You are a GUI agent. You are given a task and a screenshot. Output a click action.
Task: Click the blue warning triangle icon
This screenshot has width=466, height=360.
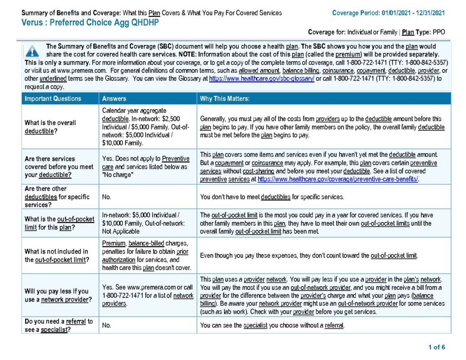32,51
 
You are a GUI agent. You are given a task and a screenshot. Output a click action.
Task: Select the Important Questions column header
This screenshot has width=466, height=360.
53,99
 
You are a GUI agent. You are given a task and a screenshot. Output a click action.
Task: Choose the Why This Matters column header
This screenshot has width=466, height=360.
225,99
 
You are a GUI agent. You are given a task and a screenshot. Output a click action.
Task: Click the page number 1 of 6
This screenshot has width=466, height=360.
436,347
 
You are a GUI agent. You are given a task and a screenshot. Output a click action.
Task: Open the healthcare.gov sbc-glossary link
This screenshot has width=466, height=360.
262,79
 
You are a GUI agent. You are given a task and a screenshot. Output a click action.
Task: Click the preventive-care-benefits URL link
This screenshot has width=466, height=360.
338,179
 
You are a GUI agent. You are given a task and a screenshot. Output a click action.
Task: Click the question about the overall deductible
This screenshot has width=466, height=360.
51,127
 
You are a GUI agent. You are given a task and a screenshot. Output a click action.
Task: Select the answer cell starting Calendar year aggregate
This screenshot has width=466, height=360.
146,127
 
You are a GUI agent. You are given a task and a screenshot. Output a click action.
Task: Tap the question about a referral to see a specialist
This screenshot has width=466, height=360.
59,325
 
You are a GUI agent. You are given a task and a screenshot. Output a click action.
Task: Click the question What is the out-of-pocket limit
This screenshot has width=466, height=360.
60,223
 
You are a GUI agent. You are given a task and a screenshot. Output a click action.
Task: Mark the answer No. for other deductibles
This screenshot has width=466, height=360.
107,197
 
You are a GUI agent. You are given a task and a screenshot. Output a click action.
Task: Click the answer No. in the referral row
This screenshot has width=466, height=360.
107,325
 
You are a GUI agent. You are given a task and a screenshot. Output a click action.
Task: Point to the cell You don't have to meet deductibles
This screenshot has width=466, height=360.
272,197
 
